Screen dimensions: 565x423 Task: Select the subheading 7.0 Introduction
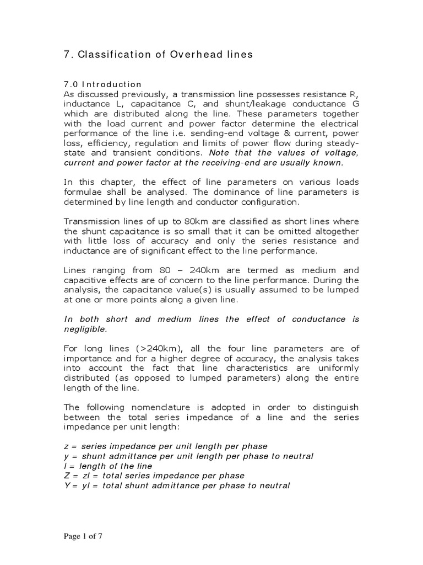103,84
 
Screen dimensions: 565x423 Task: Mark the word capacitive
84,280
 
